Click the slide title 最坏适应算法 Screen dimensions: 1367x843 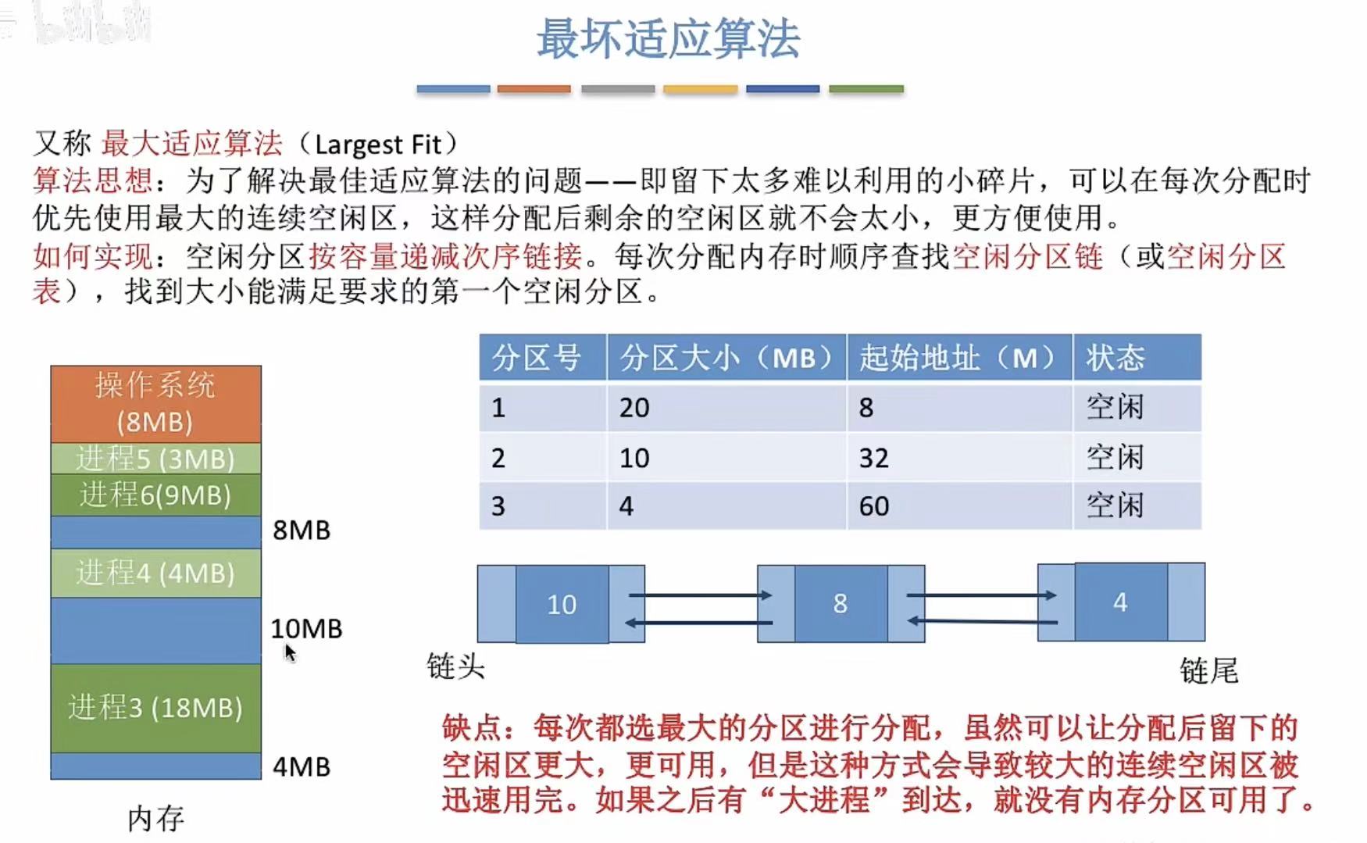point(668,39)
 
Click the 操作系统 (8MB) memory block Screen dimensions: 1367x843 point(155,403)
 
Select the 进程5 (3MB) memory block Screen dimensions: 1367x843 point(155,459)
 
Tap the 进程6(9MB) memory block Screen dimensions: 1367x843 point(155,495)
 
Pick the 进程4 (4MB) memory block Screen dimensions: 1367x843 point(155,573)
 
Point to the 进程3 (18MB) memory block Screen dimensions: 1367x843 point(155,707)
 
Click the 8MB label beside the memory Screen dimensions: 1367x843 point(302,530)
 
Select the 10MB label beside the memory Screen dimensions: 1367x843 point(306,628)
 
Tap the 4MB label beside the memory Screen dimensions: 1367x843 point(302,766)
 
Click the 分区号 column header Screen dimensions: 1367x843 point(537,358)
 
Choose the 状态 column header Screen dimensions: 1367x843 point(1115,358)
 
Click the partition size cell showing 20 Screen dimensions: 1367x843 point(634,408)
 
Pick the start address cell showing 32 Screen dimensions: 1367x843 point(873,458)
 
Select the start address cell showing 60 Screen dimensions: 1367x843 point(873,506)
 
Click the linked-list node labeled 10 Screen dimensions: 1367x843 point(562,604)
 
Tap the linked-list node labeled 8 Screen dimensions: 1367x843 point(840,603)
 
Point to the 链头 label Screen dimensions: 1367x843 point(455,666)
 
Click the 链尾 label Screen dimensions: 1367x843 point(1208,670)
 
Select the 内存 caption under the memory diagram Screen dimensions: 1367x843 point(155,818)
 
